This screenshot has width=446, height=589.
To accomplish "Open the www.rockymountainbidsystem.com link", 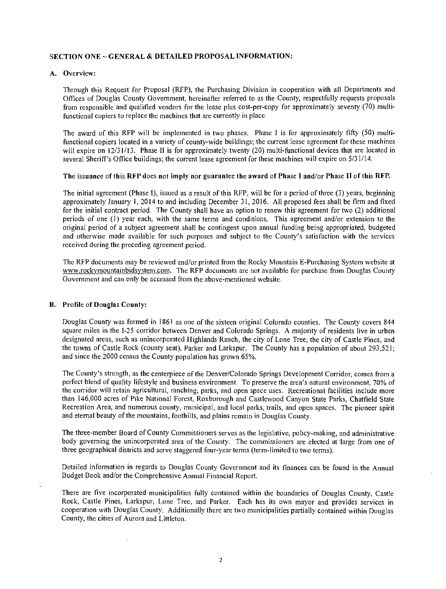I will [x=118, y=271].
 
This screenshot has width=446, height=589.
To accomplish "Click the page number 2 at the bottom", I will [x=220, y=561].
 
